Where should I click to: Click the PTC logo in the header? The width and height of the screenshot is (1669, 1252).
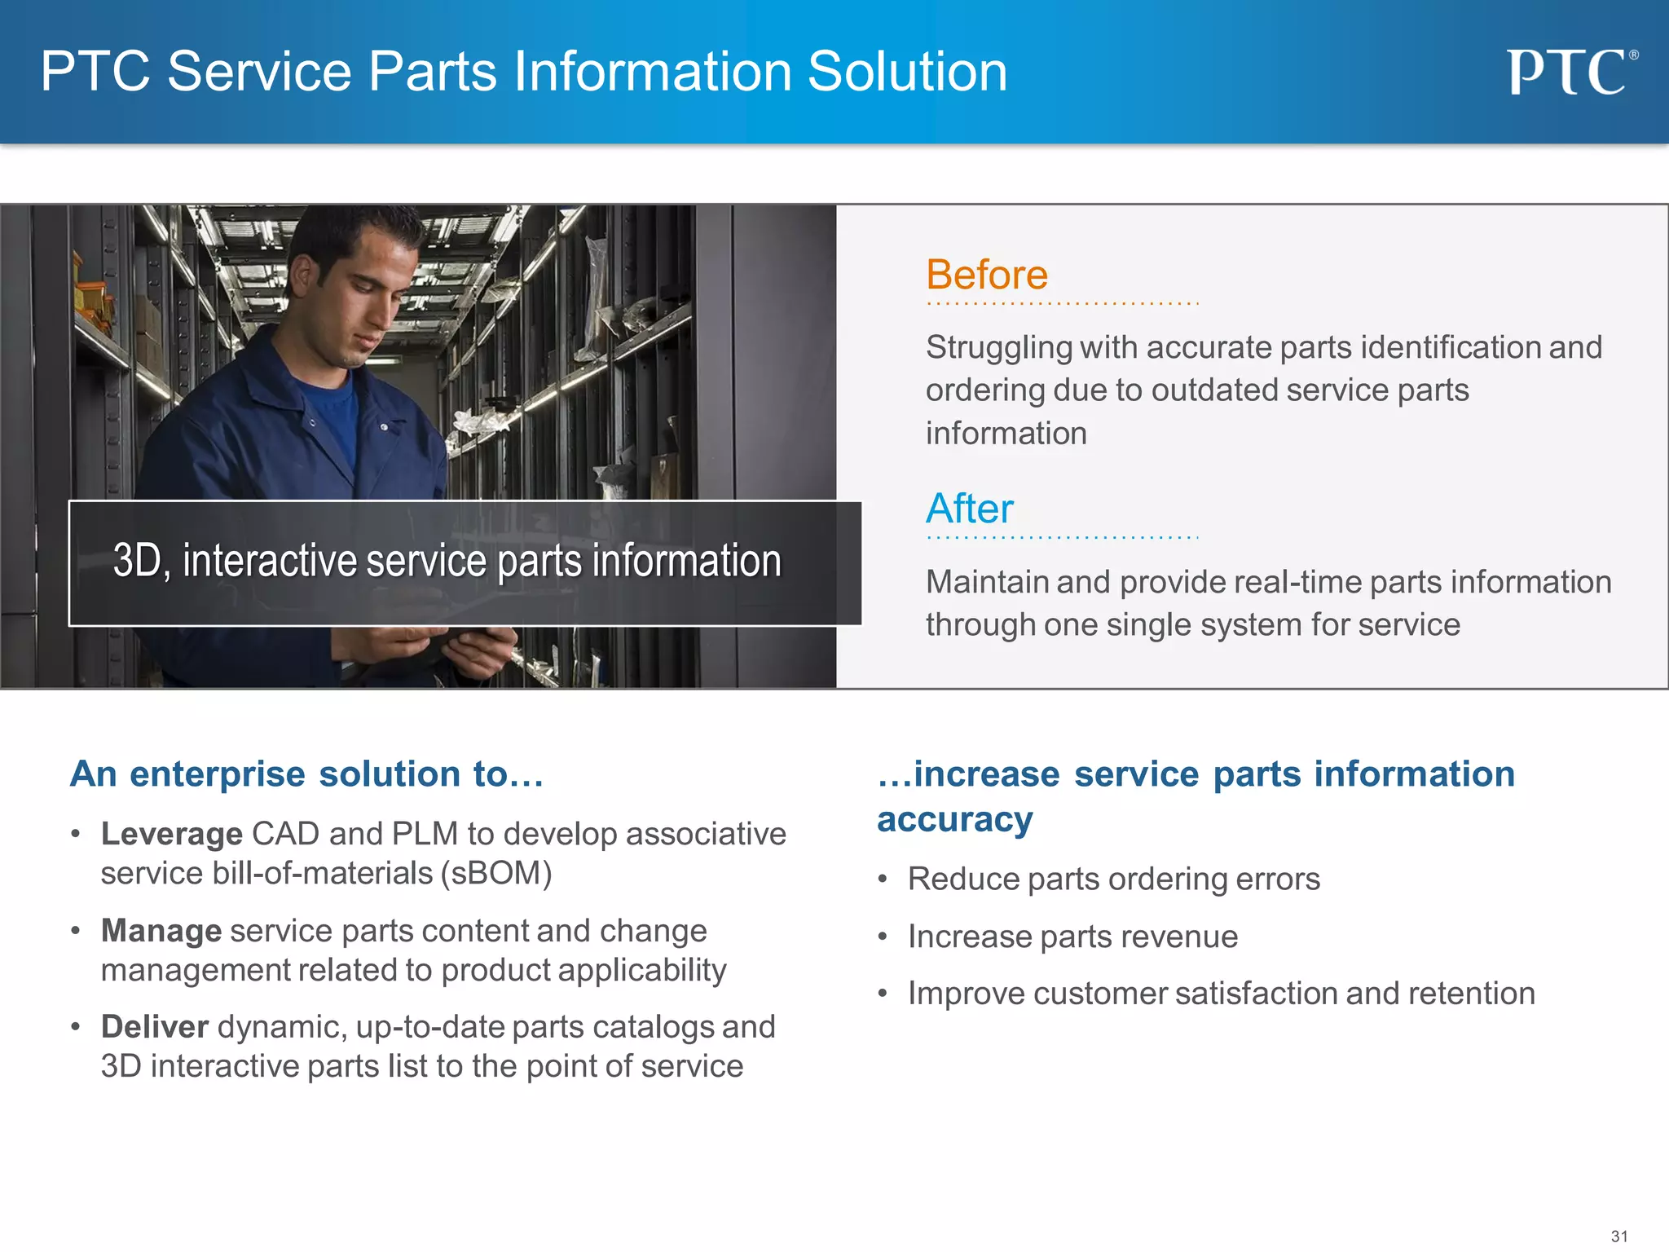coord(1570,72)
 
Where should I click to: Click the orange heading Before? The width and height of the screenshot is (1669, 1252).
coord(987,275)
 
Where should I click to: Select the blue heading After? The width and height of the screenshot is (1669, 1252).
coord(970,509)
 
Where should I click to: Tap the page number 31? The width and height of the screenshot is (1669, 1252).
coord(1619,1236)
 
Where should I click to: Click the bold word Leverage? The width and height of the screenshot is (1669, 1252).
coord(172,834)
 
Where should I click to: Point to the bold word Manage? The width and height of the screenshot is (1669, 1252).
coord(161,931)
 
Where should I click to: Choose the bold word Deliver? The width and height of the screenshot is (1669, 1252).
coord(155,1027)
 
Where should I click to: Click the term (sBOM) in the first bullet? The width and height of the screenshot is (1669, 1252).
coord(496,873)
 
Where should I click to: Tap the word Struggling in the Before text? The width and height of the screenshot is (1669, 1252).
coord(999,347)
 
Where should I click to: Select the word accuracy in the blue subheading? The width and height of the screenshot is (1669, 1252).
coord(955,819)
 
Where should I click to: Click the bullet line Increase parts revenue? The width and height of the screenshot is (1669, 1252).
coord(1072,937)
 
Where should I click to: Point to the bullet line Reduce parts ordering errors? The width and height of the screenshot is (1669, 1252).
coord(1113,879)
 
